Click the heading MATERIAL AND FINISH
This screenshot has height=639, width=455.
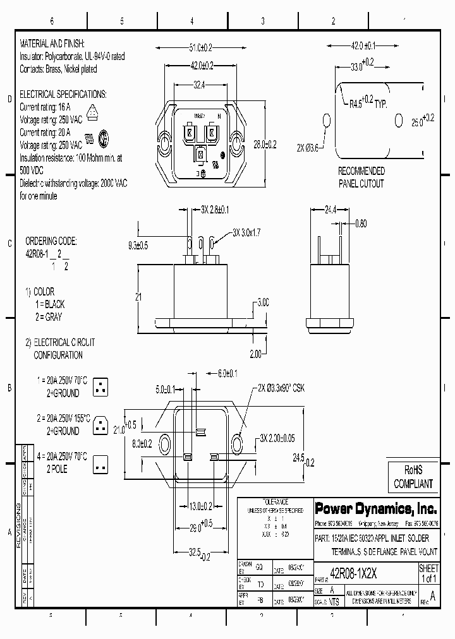tap(57, 45)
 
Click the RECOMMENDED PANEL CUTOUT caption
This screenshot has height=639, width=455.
tap(361, 177)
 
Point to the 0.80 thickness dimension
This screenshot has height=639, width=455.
tap(361, 223)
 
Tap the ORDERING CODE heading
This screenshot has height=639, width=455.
tap(51, 241)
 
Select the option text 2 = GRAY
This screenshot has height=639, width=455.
tap(49, 317)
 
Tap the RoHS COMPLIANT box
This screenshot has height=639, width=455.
tap(413, 477)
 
